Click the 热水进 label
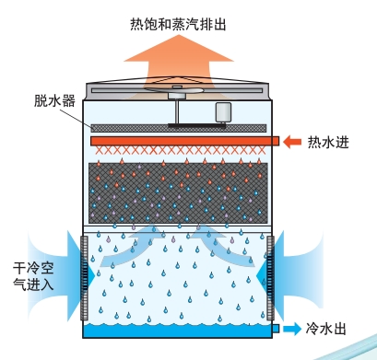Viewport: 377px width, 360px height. click(x=330, y=142)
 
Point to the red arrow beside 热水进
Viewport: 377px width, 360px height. click(x=292, y=142)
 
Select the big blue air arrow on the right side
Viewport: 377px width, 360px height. click(x=297, y=261)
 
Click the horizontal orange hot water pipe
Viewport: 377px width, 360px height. click(x=184, y=141)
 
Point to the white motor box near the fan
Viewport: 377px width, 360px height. click(x=224, y=111)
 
